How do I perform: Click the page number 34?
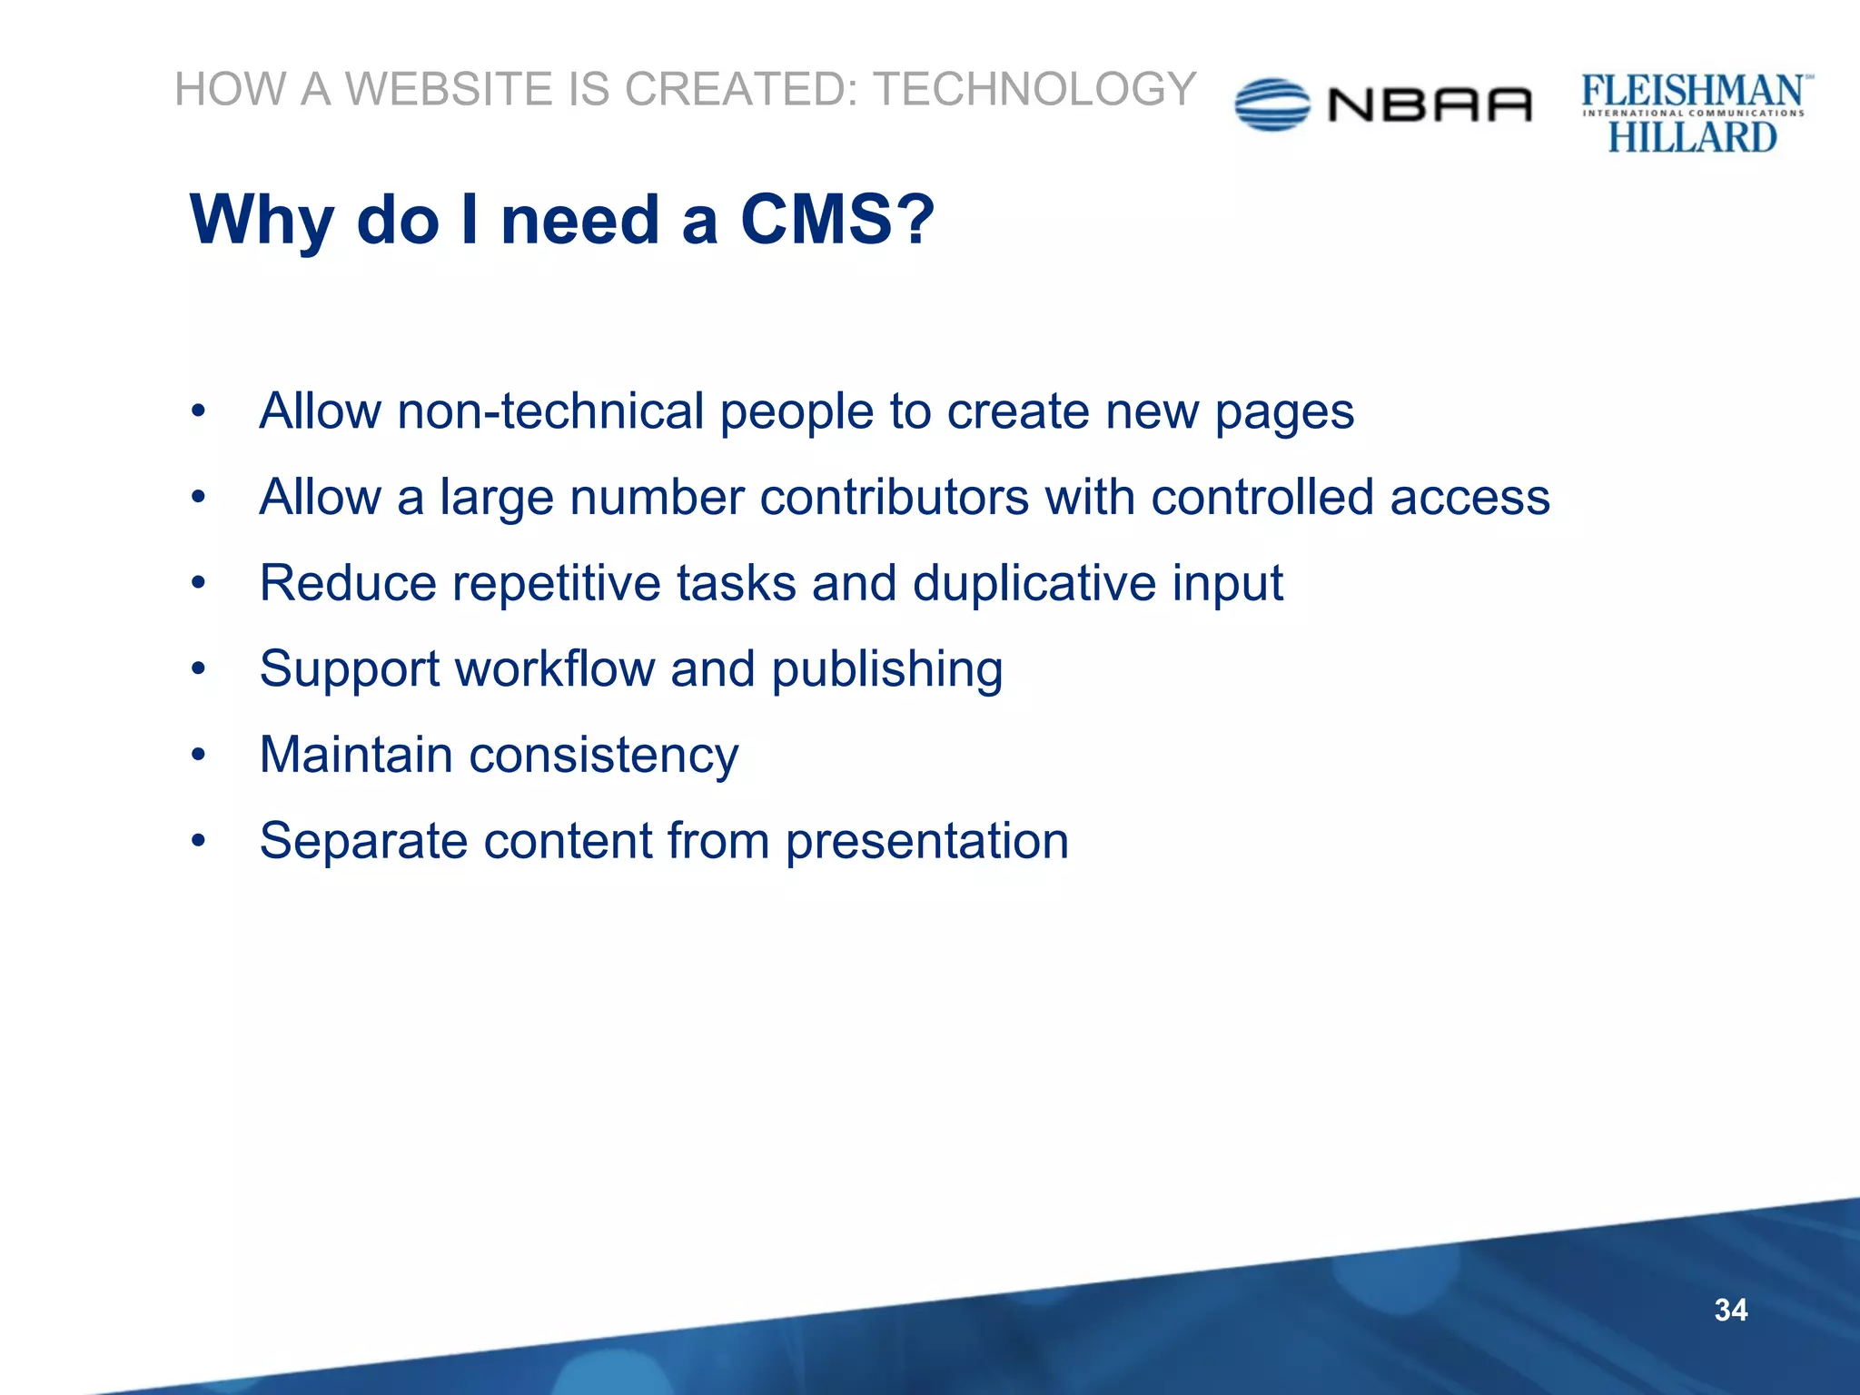[1730, 1310]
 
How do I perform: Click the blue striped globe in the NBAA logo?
[1271, 104]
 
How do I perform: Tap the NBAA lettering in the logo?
[1430, 105]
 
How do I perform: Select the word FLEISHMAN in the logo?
[1692, 91]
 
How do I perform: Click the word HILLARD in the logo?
[1692, 137]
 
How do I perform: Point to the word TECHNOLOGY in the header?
[1034, 89]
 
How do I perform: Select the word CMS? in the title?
[836, 220]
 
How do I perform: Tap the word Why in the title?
[262, 222]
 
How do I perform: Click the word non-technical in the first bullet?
[550, 411]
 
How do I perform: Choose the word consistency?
[603, 756]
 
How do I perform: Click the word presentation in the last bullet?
[927, 841]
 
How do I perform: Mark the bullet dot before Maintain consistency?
[199, 754]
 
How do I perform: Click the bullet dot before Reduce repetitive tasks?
[199, 582]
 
